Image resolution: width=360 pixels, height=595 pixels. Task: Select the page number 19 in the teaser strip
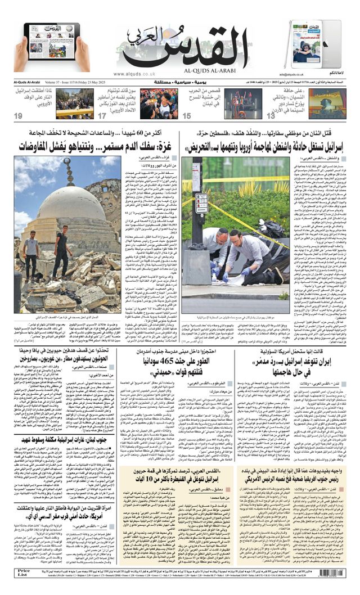click(x=19, y=116)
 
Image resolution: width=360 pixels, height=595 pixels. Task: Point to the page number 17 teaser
click(x=102, y=116)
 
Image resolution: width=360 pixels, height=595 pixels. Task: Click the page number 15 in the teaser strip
click(x=186, y=116)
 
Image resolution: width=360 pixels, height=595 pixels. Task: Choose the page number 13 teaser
click(x=271, y=116)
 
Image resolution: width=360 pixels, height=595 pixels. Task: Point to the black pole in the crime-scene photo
click(x=197, y=208)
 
